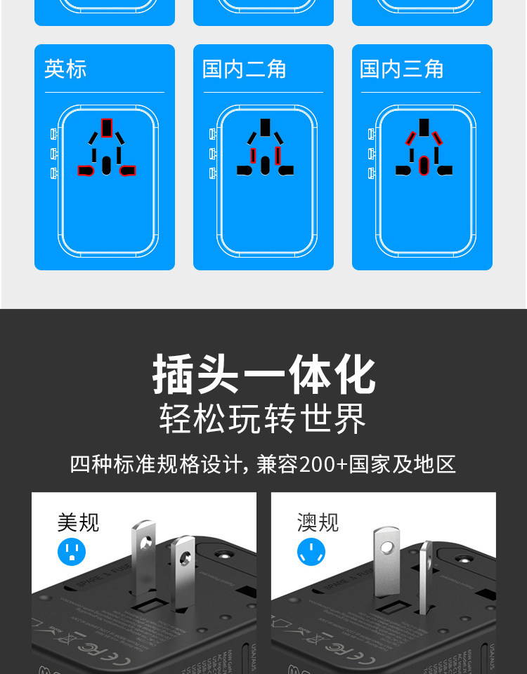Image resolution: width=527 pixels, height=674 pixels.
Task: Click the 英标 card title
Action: (65, 69)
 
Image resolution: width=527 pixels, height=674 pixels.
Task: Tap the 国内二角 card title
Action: (245, 69)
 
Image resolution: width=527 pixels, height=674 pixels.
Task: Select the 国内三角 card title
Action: (402, 69)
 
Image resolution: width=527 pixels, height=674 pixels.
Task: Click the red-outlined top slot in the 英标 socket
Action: (106, 127)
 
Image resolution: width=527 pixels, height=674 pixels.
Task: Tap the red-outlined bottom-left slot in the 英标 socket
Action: (86, 170)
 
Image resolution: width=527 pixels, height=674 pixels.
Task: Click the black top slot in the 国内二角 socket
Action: (265, 127)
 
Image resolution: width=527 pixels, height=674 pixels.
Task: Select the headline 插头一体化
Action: (264, 375)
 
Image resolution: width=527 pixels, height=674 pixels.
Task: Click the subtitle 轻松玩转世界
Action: (263, 420)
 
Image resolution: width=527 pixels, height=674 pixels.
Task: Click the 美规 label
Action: (78, 522)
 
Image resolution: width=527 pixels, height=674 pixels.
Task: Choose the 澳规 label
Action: (318, 522)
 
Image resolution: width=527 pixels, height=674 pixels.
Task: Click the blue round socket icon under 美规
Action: (71, 553)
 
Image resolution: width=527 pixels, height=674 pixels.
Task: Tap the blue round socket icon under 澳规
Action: (311, 553)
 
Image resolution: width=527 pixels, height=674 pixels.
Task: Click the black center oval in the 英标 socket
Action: (106, 165)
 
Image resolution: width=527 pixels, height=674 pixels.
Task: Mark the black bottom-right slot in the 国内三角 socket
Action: (445, 170)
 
